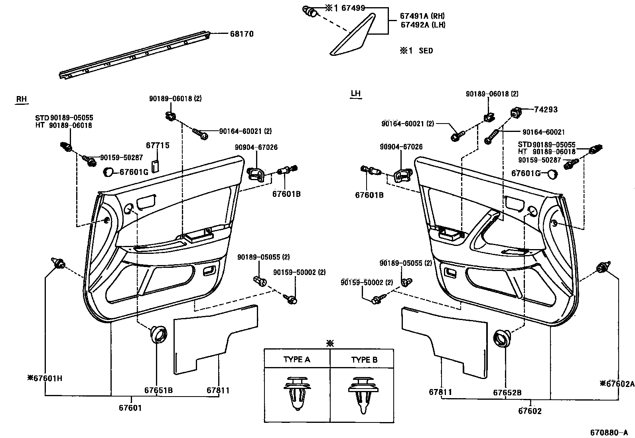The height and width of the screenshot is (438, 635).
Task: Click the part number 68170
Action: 241,34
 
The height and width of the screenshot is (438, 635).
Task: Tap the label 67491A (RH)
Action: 422,16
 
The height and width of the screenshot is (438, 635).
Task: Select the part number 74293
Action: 546,110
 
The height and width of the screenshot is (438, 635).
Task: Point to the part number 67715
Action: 158,145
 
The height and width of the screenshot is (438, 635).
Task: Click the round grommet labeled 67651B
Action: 159,334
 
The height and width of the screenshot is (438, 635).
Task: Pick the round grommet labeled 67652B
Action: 503,338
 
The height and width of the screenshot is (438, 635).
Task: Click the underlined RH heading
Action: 21,99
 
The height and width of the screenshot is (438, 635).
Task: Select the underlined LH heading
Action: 355,94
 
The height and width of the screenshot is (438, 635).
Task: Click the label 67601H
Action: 45,378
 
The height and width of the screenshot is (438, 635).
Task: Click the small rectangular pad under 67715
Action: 156,165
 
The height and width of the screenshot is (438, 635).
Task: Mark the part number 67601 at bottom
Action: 130,408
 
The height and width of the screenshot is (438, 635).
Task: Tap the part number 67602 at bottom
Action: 530,411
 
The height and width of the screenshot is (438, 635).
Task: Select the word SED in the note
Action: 426,51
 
